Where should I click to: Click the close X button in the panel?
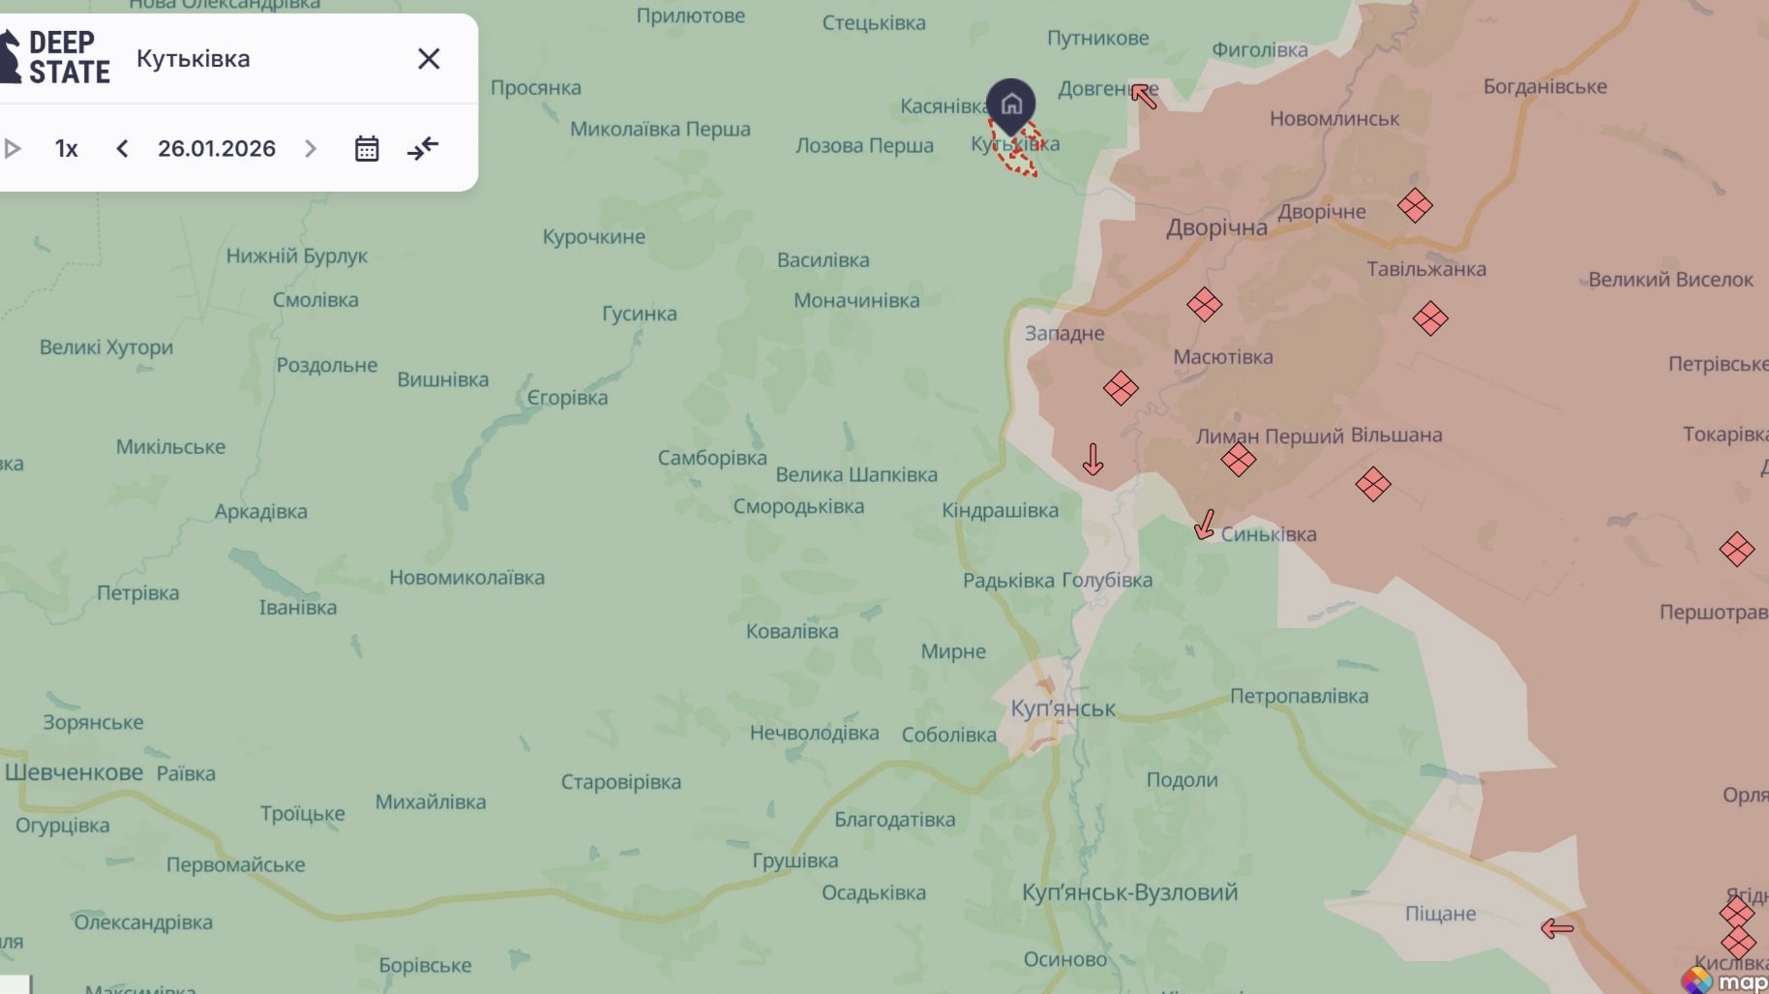(x=429, y=59)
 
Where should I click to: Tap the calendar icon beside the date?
(x=367, y=149)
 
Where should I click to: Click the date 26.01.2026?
(x=217, y=149)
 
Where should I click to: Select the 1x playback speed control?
(x=66, y=149)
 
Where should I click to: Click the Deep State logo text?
(x=68, y=58)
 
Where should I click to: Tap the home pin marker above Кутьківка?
(x=1011, y=104)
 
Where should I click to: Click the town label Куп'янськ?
(x=1063, y=708)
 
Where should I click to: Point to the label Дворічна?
(x=1216, y=228)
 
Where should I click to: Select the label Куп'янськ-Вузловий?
(x=1129, y=892)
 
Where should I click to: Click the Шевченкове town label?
(x=75, y=772)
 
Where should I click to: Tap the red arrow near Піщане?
(x=1556, y=929)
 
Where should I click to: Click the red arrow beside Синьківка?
(x=1205, y=525)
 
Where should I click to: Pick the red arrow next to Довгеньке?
(x=1144, y=96)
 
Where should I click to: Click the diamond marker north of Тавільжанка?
(x=1415, y=205)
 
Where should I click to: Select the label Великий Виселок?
(x=1670, y=280)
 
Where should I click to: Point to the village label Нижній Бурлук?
(x=296, y=256)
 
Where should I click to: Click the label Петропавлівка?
(x=1299, y=696)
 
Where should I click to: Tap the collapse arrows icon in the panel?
(x=423, y=149)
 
